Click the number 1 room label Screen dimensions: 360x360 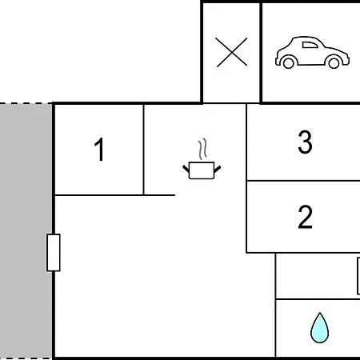click(x=99, y=150)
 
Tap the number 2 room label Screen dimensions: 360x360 click(x=305, y=217)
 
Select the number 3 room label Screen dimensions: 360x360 click(x=305, y=142)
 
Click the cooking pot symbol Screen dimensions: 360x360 click(x=202, y=170)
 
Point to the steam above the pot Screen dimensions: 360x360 click(x=202, y=149)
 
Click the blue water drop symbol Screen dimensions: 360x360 click(x=319, y=328)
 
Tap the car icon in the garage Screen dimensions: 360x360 click(x=312, y=53)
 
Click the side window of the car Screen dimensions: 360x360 click(x=310, y=45)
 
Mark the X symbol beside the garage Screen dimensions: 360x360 click(x=231, y=52)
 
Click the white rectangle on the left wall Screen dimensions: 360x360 click(x=54, y=253)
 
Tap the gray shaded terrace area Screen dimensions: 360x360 click(x=26, y=231)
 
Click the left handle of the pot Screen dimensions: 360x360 click(x=186, y=169)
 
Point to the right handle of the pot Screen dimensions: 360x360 click(x=218, y=169)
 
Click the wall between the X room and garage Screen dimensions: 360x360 click(x=261, y=53)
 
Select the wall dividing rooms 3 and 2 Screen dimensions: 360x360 click(x=303, y=181)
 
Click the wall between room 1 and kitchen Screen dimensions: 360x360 click(x=143, y=150)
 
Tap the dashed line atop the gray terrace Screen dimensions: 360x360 click(x=26, y=103)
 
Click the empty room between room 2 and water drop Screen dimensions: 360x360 click(x=316, y=276)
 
